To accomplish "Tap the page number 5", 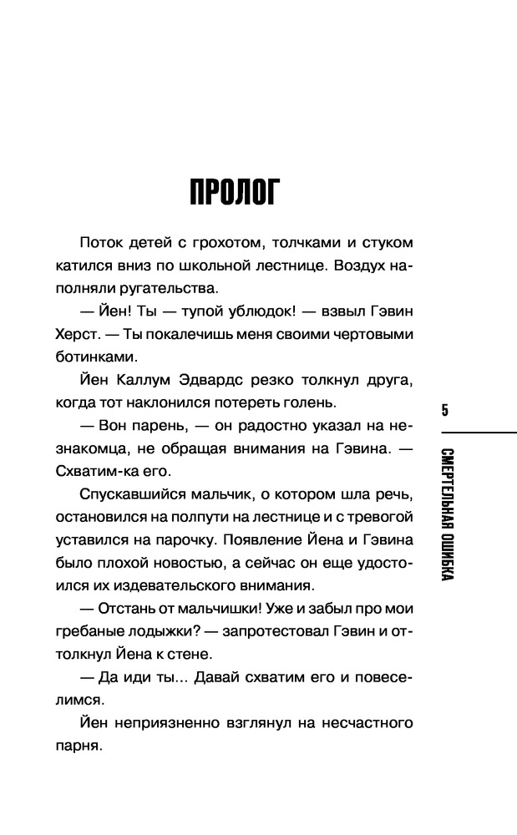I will pyautogui.click(x=445, y=409).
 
